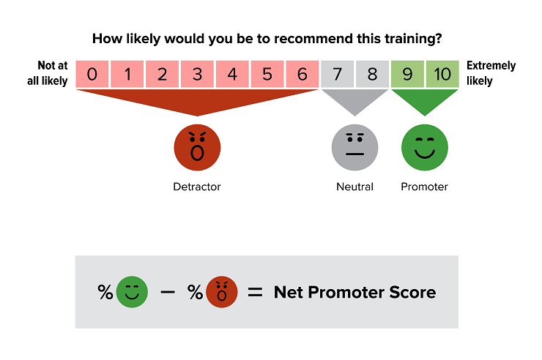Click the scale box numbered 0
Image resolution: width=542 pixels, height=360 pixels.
click(92, 74)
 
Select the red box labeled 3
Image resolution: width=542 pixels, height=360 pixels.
click(197, 74)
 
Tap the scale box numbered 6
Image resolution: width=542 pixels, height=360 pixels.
click(302, 74)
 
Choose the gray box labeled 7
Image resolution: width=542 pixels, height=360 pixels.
click(337, 74)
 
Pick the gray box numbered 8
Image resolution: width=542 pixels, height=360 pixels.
click(372, 74)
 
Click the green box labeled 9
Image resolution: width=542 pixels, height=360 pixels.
click(407, 74)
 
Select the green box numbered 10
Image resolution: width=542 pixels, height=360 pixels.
click(442, 74)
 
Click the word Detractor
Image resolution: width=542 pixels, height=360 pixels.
click(197, 187)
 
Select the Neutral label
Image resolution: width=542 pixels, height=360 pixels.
click(354, 187)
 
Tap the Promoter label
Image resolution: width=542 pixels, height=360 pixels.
click(424, 187)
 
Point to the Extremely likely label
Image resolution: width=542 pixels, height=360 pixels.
click(491, 73)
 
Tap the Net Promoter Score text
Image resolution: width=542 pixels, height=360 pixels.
click(354, 293)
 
